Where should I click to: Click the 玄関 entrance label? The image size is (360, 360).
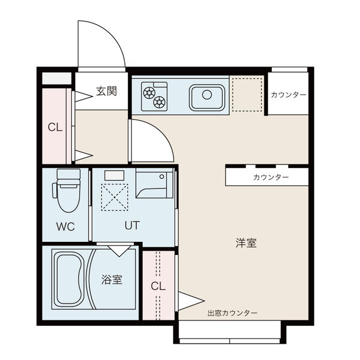106,91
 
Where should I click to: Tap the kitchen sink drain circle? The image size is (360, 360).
207,95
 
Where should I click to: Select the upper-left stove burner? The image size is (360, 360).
149,94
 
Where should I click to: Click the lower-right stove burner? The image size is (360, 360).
160,102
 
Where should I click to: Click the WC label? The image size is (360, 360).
65,227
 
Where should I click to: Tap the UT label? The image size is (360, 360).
132,226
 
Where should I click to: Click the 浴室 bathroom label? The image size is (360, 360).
112,280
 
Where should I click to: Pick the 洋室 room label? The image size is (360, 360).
246,243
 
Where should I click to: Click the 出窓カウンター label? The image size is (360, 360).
232,313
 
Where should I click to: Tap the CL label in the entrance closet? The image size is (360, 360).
55,127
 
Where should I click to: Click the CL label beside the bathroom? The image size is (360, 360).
158,286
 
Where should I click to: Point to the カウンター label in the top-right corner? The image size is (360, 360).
289,95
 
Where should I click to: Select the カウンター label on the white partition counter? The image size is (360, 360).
271,177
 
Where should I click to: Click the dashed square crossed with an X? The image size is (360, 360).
115,197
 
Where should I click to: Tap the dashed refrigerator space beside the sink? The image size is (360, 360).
247,95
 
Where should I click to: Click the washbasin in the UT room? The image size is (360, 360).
154,183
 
